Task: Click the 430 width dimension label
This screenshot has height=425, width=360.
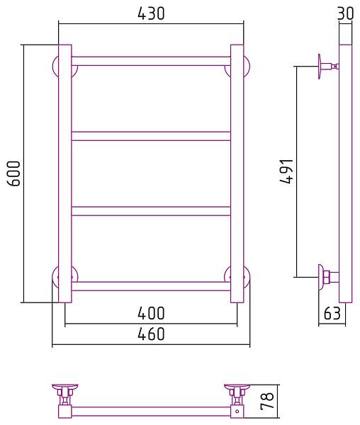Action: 151,13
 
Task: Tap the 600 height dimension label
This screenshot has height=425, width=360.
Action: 13,174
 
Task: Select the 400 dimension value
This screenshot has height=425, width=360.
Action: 151,313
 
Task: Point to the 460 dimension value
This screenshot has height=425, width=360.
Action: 151,334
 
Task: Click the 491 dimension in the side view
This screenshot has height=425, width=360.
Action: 286,171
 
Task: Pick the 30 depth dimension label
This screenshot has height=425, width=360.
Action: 345,13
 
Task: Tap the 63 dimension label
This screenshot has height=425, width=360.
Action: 332,313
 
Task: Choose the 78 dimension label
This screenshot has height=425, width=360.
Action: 267,401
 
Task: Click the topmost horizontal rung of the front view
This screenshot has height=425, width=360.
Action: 151,61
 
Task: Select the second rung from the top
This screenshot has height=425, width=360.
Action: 151,136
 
